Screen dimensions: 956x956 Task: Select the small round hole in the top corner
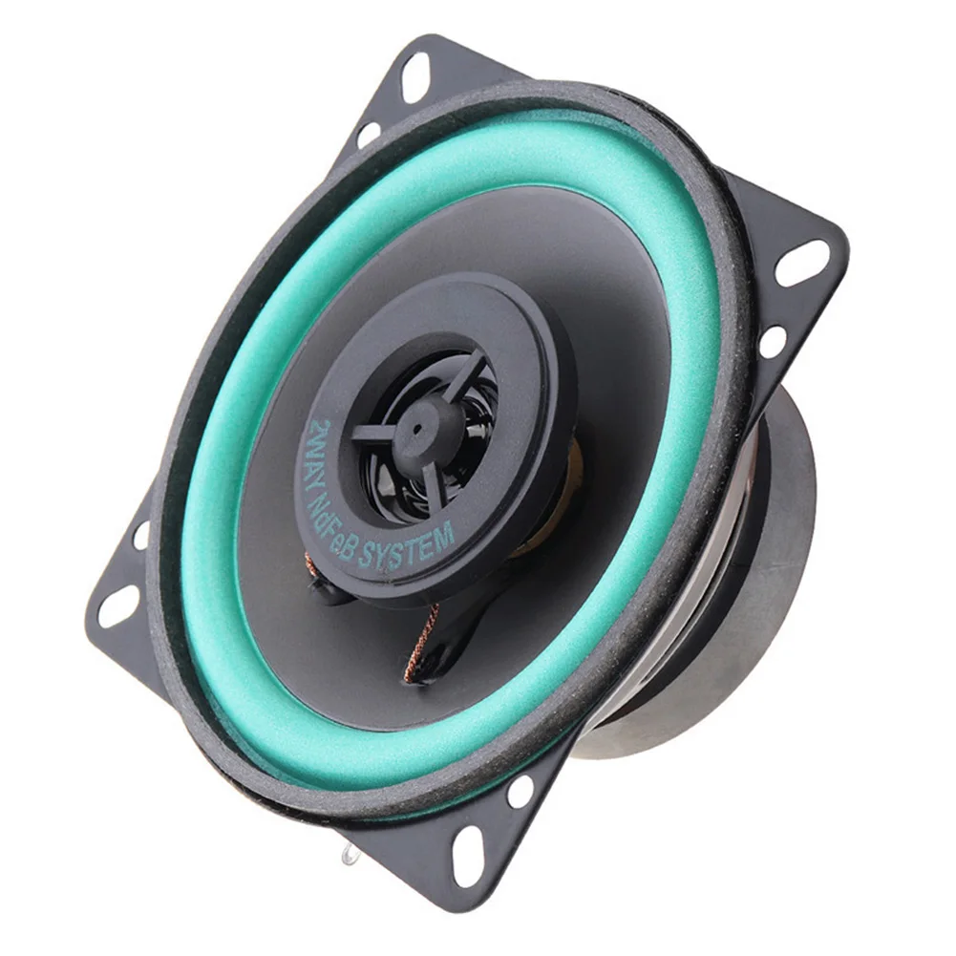pos(368,135)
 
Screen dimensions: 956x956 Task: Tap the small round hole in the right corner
pos(773,342)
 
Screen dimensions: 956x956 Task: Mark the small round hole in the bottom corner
pos(520,791)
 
